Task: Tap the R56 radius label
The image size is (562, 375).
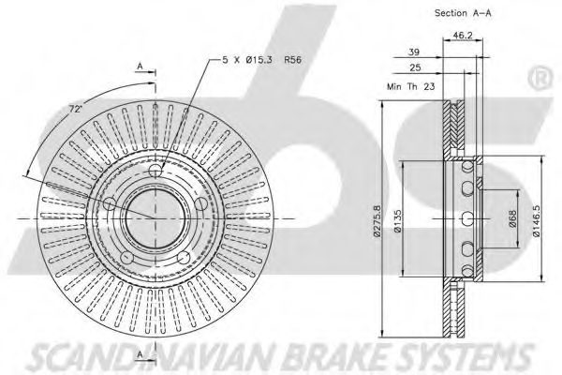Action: point(295,59)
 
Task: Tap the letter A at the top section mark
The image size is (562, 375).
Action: point(139,66)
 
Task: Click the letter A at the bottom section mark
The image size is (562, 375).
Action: point(139,354)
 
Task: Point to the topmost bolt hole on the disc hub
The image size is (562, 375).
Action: point(156,174)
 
